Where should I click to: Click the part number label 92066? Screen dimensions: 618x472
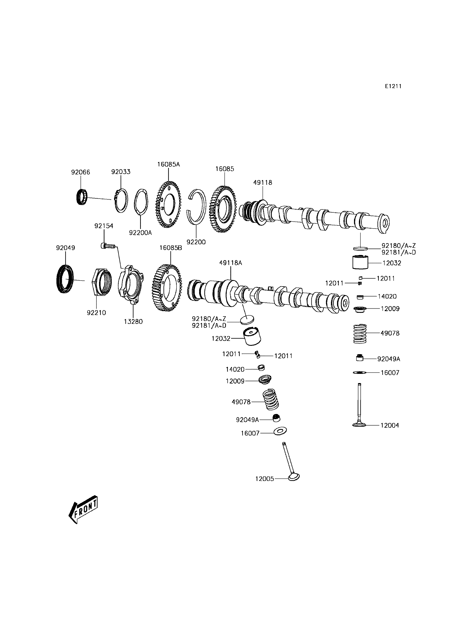pos(80,172)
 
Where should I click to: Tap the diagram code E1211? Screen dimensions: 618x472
pos(393,86)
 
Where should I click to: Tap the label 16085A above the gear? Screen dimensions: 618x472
pos(168,164)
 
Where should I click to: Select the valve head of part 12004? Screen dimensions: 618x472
pos(360,432)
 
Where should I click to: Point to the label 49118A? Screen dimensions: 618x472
pos(230,263)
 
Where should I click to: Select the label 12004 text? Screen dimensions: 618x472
pos(389,433)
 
